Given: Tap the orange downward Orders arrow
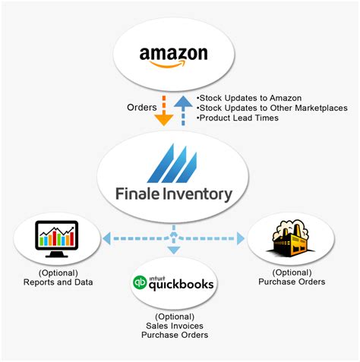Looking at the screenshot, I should click(163, 112).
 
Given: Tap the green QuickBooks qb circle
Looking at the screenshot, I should click(141, 285).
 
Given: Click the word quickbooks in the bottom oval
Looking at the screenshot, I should click(182, 286).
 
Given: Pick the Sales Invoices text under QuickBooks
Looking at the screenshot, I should click(174, 326).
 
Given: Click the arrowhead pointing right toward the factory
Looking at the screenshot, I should click(242, 238).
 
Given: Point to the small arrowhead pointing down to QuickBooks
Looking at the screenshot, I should click(173, 256).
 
